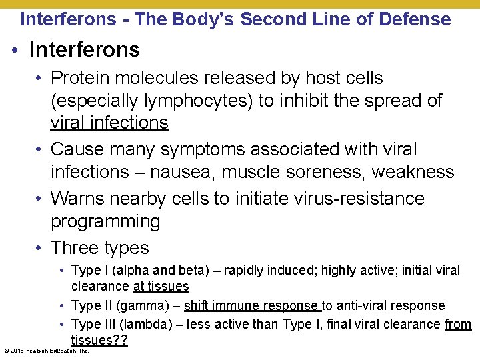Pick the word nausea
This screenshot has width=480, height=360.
coord(182,173)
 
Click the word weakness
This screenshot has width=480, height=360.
coord(413,173)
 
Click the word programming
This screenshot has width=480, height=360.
coord(105,221)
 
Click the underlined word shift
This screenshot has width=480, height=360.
coord(197,305)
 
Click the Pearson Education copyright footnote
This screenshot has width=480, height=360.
coord(47,350)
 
